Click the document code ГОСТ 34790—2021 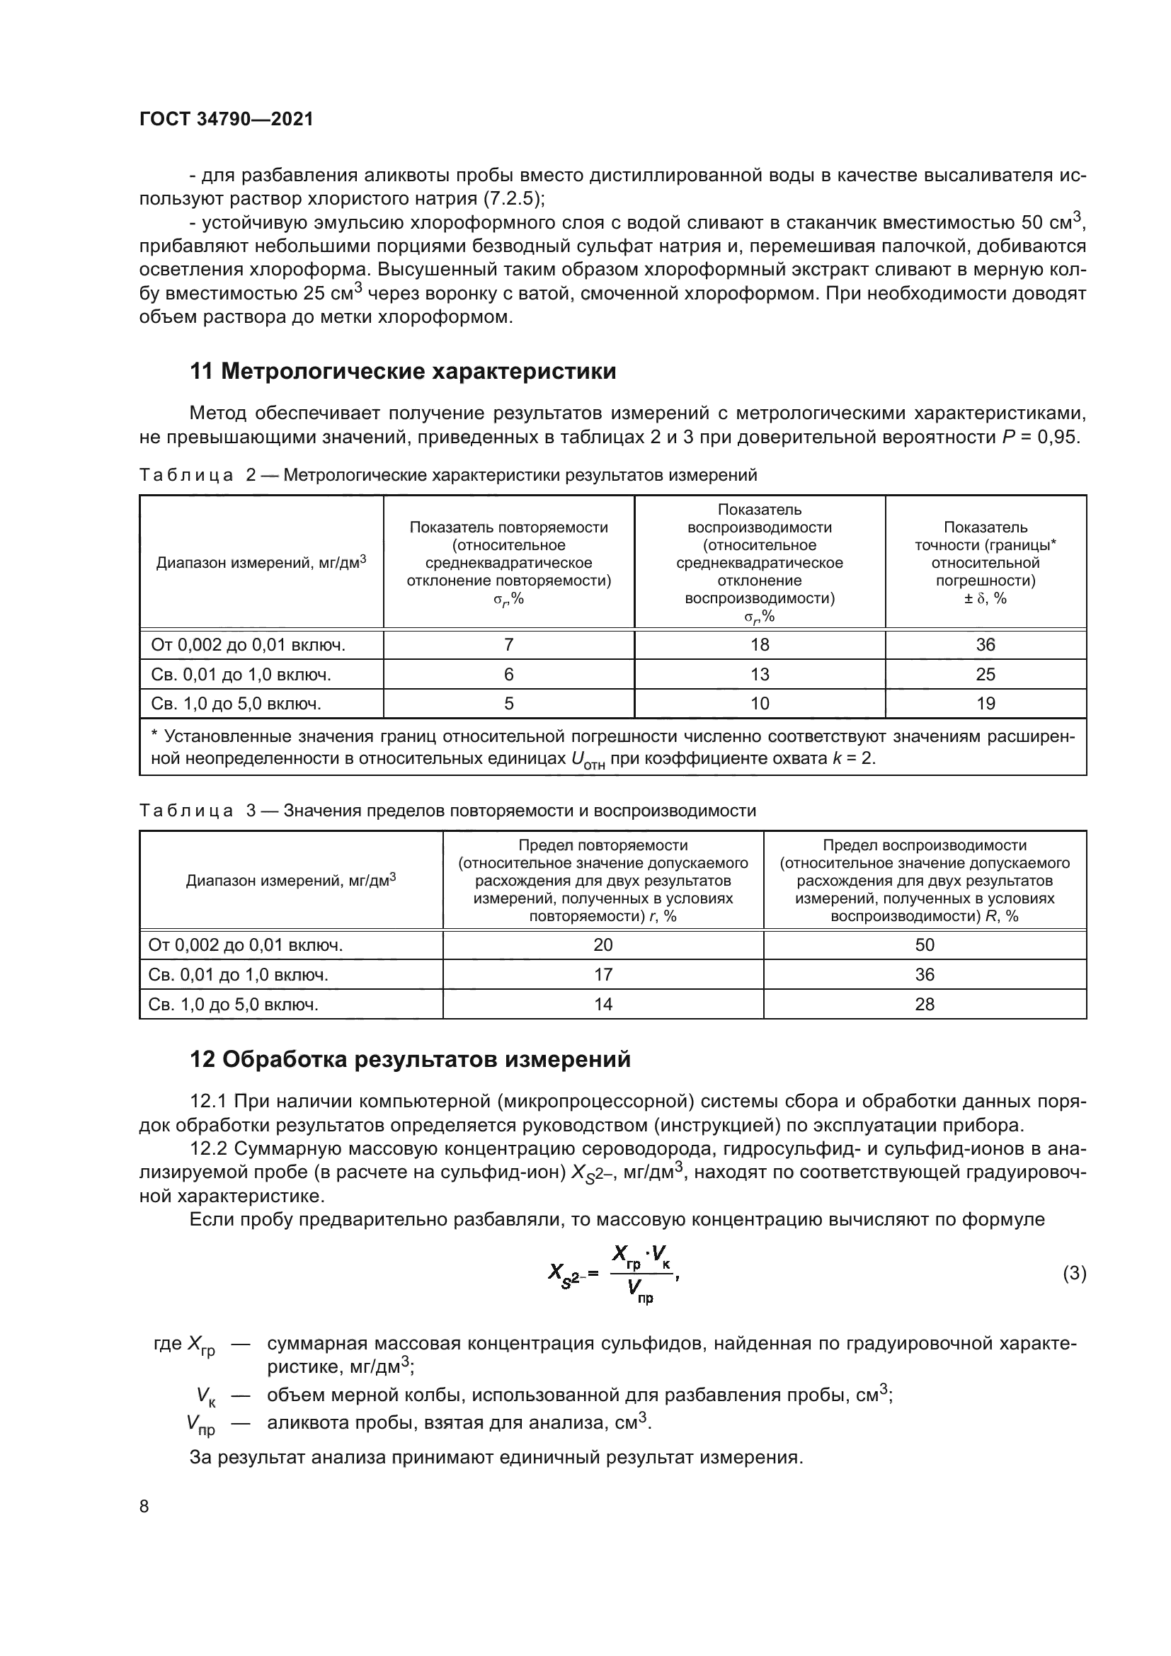pyautogui.click(x=227, y=120)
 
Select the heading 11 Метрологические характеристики pyautogui.click(x=402, y=372)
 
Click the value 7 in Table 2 pyautogui.click(x=508, y=645)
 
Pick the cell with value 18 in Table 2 pyautogui.click(x=759, y=645)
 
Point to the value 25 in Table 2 pyautogui.click(x=985, y=675)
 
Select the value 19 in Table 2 pyautogui.click(x=985, y=703)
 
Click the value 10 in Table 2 pyautogui.click(x=759, y=703)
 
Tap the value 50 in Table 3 pyautogui.click(x=925, y=945)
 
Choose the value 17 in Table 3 pyautogui.click(x=602, y=974)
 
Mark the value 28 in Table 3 pyautogui.click(x=925, y=1004)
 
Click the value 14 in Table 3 pyautogui.click(x=602, y=1004)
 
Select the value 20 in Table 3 pyautogui.click(x=602, y=945)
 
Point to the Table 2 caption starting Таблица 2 pyautogui.click(x=447, y=474)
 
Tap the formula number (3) pyautogui.click(x=1074, y=1274)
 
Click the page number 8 pyautogui.click(x=144, y=1507)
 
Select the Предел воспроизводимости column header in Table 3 pyautogui.click(x=925, y=880)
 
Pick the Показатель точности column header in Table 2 pyautogui.click(x=985, y=563)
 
